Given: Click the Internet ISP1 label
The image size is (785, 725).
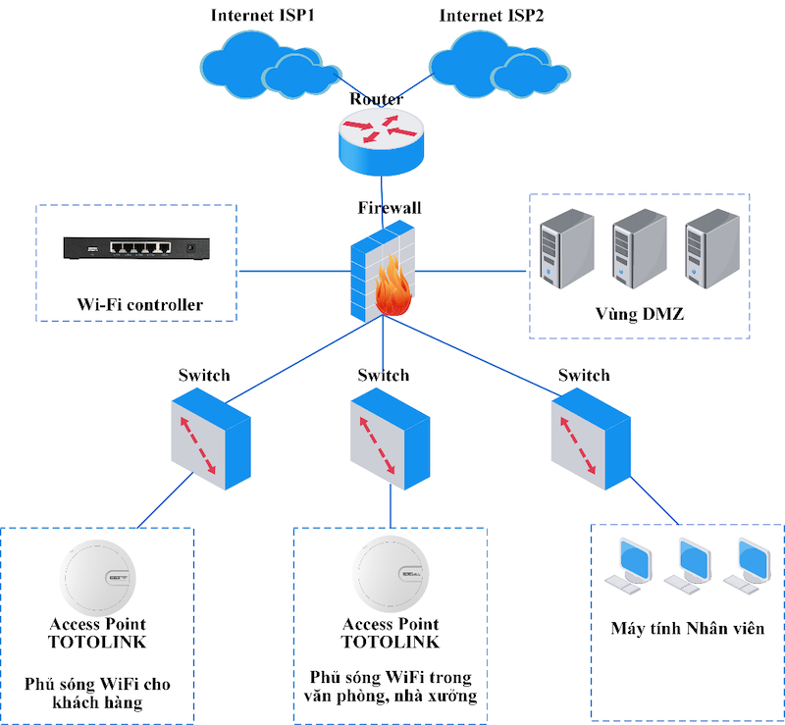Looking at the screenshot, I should pyautogui.click(x=266, y=16).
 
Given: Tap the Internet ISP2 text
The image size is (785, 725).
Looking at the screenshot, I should pyautogui.click(x=492, y=16).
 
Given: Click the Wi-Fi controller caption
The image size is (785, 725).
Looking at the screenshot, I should pyautogui.click(x=139, y=305).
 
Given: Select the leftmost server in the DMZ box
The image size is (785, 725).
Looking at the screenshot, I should pyautogui.click(x=567, y=253).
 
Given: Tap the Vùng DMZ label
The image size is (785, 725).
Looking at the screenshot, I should pyautogui.click(x=639, y=316).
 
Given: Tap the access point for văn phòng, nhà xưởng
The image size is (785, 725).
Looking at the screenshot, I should pyautogui.click(x=390, y=579).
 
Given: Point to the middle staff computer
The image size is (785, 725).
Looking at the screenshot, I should pyautogui.click(x=685, y=565).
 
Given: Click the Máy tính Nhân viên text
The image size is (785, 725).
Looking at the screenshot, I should pyautogui.click(x=687, y=629).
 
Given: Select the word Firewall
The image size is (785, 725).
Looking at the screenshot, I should pyautogui.click(x=390, y=208).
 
